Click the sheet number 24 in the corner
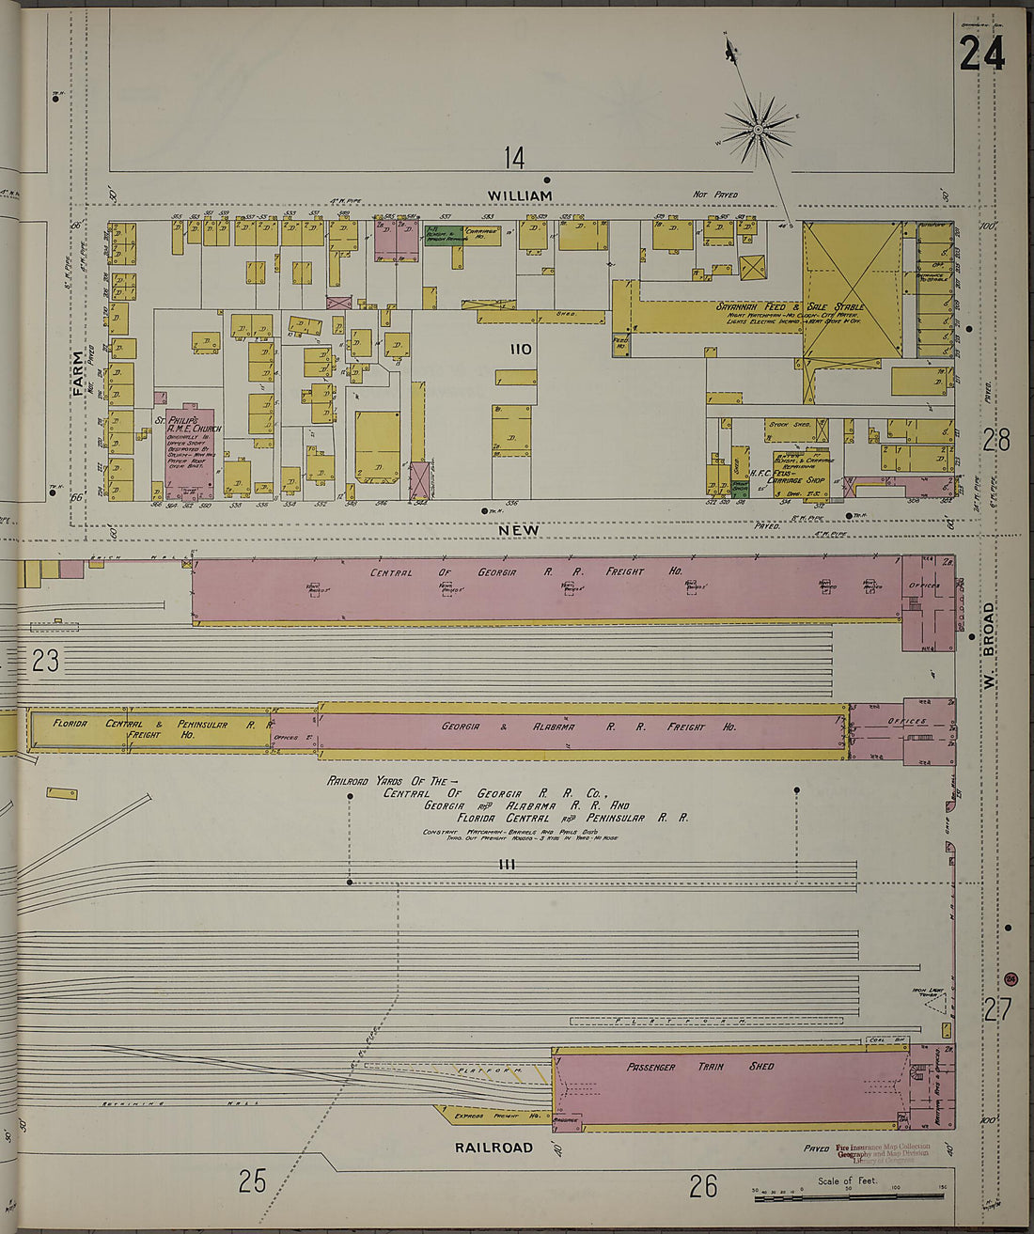click(x=982, y=52)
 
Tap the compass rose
click(x=758, y=127)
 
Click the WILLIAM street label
click(x=519, y=195)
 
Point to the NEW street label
click(x=519, y=530)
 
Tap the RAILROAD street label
click(x=493, y=1148)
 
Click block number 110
click(x=520, y=350)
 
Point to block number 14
click(x=513, y=158)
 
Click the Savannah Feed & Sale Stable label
click(x=790, y=307)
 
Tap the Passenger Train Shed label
click(x=700, y=1067)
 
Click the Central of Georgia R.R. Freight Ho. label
click(x=525, y=571)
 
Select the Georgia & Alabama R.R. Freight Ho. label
click(x=588, y=726)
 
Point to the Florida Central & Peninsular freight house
click(x=150, y=729)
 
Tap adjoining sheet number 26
click(x=703, y=1186)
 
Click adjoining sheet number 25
click(x=252, y=1180)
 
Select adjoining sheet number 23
click(x=45, y=661)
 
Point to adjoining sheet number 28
click(x=996, y=439)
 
